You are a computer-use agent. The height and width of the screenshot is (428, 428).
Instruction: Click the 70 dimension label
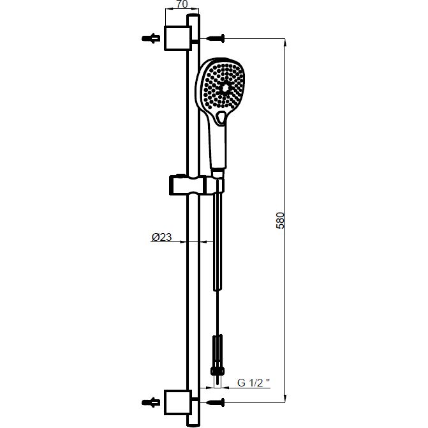coord(182,4)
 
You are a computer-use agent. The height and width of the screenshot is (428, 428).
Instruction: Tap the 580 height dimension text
coord(280,220)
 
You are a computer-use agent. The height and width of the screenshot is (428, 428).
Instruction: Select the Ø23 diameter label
coord(161,237)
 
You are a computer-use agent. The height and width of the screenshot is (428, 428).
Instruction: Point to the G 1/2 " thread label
coord(254,383)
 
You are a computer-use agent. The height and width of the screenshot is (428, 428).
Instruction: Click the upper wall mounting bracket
coord(178,38)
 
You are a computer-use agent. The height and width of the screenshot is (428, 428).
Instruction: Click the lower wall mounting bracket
coord(178,402)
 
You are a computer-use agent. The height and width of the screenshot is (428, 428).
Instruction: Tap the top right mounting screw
coord(216,38)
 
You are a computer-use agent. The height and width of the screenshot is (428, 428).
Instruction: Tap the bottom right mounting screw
coord(216,402)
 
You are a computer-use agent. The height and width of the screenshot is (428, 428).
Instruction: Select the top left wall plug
coord(151,38)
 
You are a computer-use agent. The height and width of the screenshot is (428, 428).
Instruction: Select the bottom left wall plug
coord(151,402)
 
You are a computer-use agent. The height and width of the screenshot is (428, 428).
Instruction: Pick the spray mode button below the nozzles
coord(221,118)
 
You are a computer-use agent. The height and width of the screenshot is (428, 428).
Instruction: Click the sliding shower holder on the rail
coord(196,185)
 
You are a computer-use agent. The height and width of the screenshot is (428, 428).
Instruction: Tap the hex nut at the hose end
coord(218,371)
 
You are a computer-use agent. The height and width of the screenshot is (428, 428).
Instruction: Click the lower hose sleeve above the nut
coord(218,351)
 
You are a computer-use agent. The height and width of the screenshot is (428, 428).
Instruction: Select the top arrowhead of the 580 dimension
coord(285,43)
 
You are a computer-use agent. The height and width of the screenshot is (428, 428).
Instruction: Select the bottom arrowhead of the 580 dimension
coord(285,398)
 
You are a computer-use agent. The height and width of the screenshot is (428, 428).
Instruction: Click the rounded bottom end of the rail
coord(193,424)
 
